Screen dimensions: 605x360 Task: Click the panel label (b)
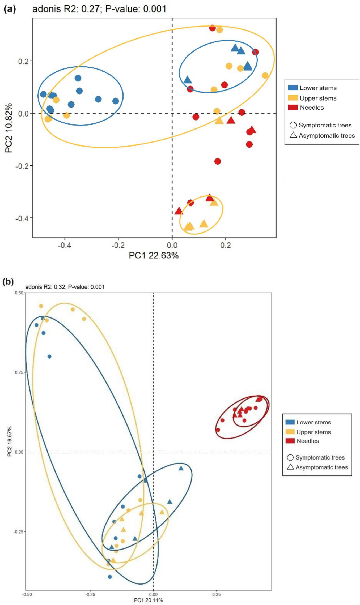click(8, 281)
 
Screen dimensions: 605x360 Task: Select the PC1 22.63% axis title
click(154, 255)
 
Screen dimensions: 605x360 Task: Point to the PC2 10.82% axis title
click(9, 128)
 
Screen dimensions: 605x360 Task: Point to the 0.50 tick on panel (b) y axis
click(20, 293)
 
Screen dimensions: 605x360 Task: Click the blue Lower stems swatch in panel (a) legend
click(293, 88)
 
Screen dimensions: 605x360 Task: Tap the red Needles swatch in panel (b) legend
click(290, 441)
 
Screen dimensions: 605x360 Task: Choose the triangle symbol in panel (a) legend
click(293, 135)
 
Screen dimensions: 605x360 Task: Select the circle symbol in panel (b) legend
click(290, 457)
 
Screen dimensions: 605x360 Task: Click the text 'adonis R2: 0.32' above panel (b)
click(45, 287)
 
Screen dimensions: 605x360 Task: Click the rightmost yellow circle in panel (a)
click(265, 76)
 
